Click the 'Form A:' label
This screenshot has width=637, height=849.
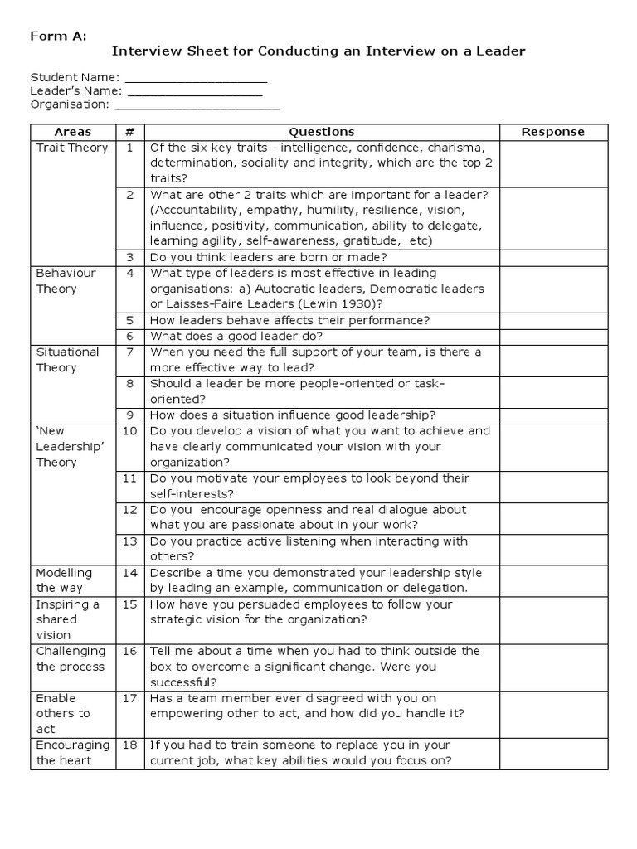tap(58, 36)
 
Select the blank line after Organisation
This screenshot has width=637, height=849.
tap(197, 105)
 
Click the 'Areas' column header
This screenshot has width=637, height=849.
tap(73, 132)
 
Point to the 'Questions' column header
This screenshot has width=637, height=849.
tap(321, 132)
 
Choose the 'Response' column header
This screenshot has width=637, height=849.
tap(553, 132)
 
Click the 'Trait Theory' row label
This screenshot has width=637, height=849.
tap(72, 148)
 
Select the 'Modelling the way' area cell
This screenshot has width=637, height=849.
tap(65, 580)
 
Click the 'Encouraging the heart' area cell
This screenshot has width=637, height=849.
tap(72, 753)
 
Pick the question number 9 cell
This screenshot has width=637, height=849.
tap(130, 415)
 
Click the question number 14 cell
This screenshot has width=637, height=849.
tap(130, 573)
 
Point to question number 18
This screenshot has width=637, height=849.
tap(130, 745)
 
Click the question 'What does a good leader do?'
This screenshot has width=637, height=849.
tap(236, 337)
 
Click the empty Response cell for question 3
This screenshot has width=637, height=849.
tap(553, 258)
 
